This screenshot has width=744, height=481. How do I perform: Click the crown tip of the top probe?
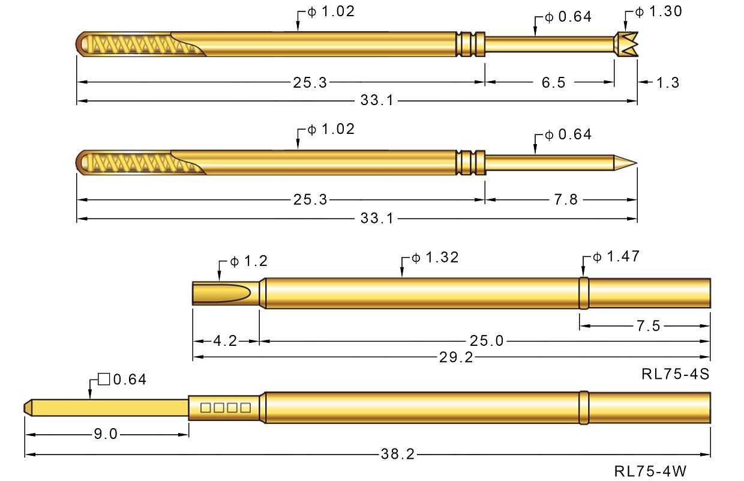coord(626,45)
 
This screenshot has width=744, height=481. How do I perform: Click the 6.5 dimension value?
coord(554,82)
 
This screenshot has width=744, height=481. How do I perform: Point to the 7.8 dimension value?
coord(565,199)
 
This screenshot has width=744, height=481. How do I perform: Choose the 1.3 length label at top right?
coord(668,82)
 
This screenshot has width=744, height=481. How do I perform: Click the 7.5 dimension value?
coord(647,326)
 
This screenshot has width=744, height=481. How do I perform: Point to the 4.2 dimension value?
coord(225,342)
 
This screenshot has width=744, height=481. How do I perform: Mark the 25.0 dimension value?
coord(487,342)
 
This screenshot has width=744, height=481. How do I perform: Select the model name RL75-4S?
coord(676,375)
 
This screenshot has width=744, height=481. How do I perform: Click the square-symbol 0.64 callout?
coord(122,380)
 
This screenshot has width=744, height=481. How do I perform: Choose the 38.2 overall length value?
coord(397,455)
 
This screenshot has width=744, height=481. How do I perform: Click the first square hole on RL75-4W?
coord(206,408)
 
